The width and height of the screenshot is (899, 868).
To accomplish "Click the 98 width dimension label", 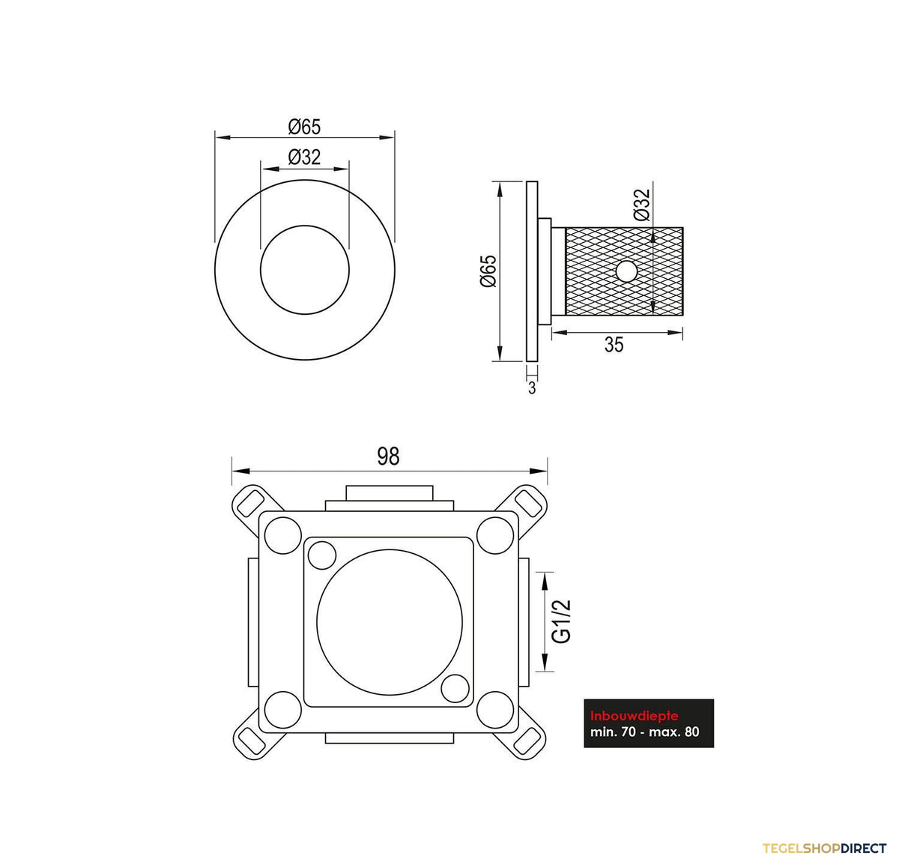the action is point(387,456).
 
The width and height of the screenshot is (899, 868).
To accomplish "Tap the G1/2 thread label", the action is point(562,621).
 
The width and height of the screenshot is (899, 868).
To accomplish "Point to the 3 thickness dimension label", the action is point(532,388).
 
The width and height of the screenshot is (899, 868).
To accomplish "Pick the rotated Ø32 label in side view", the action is point(642,205).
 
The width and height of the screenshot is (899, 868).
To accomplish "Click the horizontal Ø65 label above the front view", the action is point(304,127).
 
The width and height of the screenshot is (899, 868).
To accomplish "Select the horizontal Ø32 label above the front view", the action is point(304,157).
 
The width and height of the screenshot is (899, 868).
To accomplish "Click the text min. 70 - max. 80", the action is point(644,732).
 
